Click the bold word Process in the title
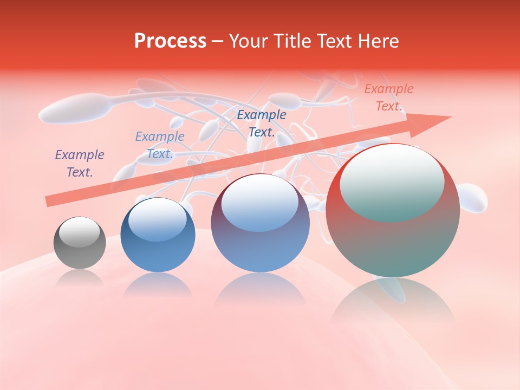point(170,41)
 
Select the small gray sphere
point(80,243)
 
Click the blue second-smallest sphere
point(158,235)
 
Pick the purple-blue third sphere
point(260,223)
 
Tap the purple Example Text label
point(80,164)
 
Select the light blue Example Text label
point(159,145)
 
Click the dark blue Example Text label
point(262,123)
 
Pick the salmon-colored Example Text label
point(388,97)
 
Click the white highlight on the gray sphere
point(80,232)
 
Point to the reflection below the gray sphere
point(80,278)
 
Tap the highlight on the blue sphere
point(158,219)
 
